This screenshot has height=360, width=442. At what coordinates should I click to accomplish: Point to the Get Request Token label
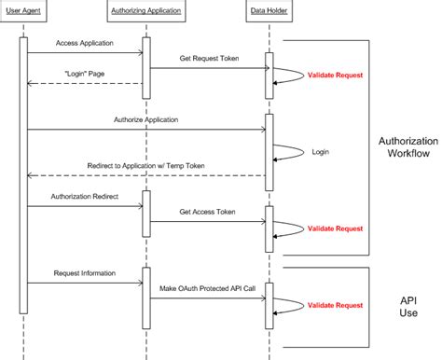[x=208, y=58]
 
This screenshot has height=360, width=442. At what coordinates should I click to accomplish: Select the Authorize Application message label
[x=145, y=119]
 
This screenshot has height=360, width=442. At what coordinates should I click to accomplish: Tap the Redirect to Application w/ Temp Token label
[x=146, y=165]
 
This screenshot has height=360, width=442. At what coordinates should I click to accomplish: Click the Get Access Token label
[x=208, y=212]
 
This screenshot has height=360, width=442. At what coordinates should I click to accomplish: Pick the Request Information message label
[x=84, y=273]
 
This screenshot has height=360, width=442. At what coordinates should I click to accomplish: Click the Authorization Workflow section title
[x=407, y=149]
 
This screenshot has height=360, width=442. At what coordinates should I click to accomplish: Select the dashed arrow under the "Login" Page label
[x=84, y=83]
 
